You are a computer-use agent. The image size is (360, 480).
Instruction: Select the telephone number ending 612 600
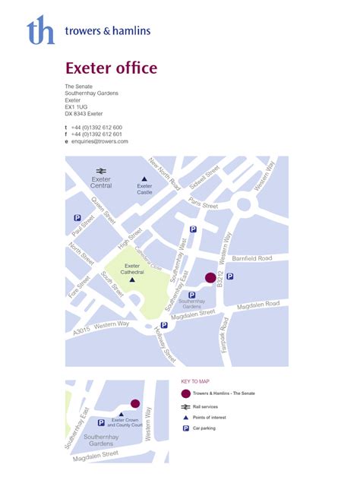coord(96,127)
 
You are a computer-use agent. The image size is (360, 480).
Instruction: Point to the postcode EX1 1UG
coord(77,107)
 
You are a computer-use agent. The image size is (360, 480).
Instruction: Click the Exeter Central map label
coord(101,183)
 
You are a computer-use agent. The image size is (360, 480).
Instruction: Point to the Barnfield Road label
coord(251,259)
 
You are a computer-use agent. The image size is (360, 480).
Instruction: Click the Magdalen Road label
coord(262,305)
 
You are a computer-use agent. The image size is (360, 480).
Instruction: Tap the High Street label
coord(130,239)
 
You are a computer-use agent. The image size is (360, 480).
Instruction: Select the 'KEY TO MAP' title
coord(194,382)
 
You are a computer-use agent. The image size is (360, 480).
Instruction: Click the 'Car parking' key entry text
coord(206,429)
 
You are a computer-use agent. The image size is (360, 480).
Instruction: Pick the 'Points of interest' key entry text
coord(212,418)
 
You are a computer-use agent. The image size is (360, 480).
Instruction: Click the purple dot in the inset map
coord(135,404)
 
